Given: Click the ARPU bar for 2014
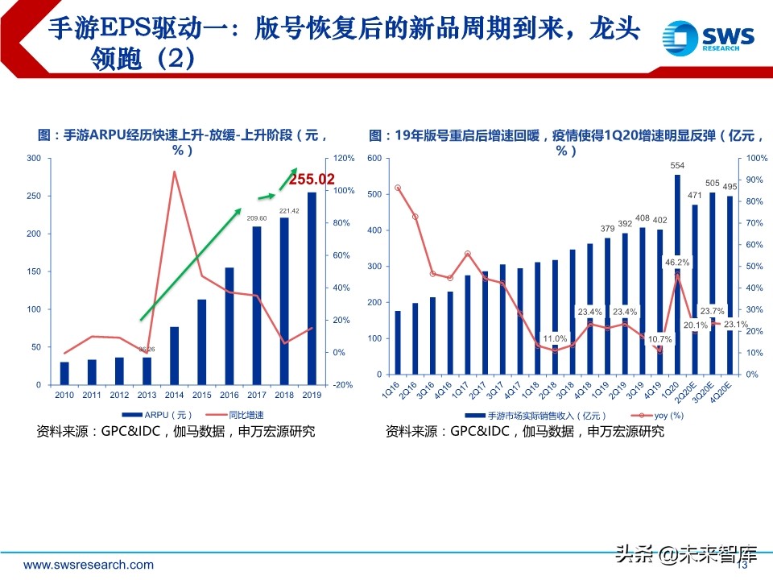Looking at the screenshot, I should pos(174,354).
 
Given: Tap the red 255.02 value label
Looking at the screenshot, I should pos(312,180).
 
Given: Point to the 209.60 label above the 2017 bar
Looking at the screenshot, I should pos(257,219).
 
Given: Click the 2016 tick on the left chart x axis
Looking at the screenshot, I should pos(229,395).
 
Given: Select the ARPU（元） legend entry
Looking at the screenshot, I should pos(166,415).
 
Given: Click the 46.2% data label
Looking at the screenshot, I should pos(677,263).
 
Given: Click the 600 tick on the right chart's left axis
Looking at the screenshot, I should pos(374,158).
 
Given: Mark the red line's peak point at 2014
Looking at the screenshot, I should pos(174,171).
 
